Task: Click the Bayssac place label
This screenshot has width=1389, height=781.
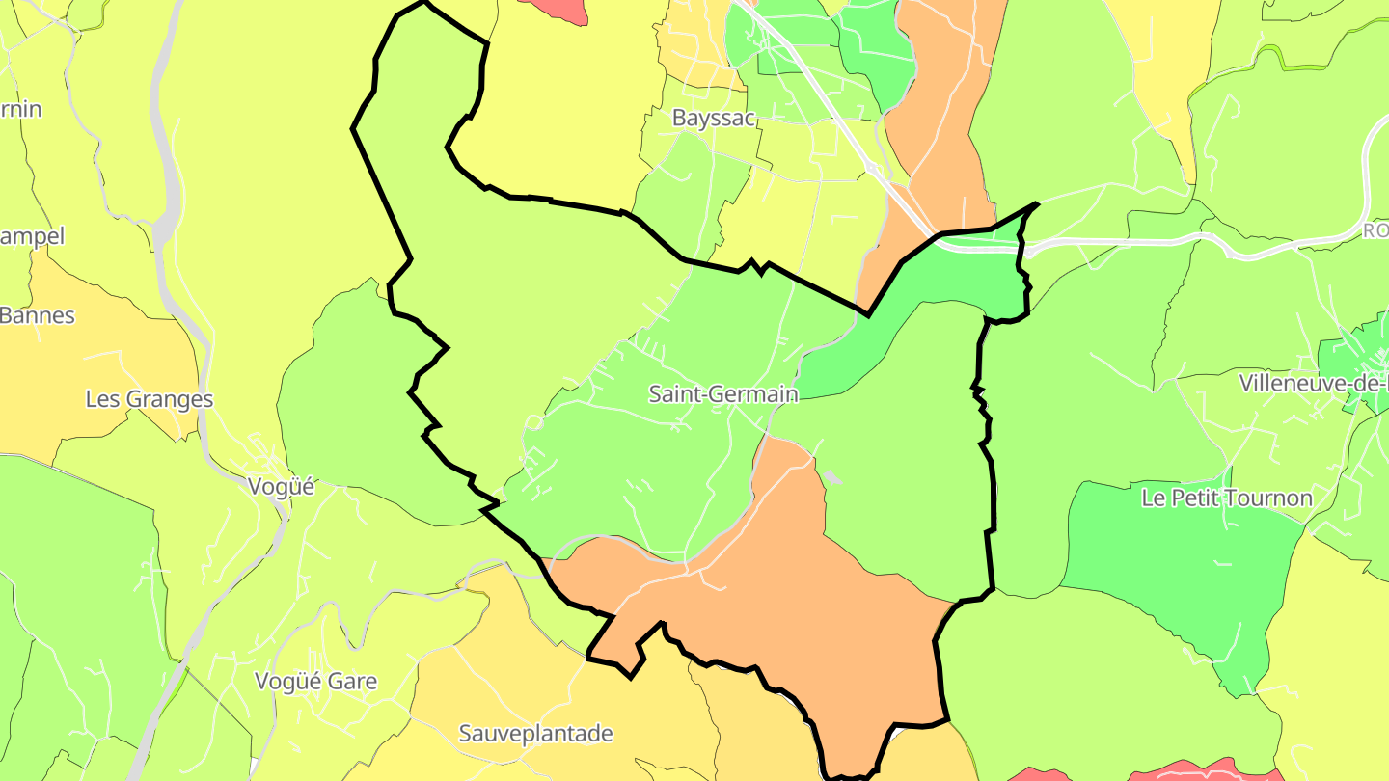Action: (713, 119)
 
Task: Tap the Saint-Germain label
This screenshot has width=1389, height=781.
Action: (722, 394)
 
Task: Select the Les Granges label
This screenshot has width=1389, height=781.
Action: (150, 399)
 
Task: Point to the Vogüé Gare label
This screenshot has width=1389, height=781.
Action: (315, 682)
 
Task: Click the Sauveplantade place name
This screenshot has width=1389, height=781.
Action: (535, 734)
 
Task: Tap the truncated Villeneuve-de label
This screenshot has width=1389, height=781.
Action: (1313, 383)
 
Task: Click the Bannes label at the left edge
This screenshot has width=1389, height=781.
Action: (37, 315)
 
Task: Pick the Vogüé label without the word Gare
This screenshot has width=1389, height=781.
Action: (282, 487)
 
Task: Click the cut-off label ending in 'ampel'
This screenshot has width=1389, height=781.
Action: (32, 236)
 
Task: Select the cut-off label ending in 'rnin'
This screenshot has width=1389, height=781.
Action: (20, 109)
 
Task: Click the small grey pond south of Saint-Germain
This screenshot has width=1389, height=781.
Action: (832, 477)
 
